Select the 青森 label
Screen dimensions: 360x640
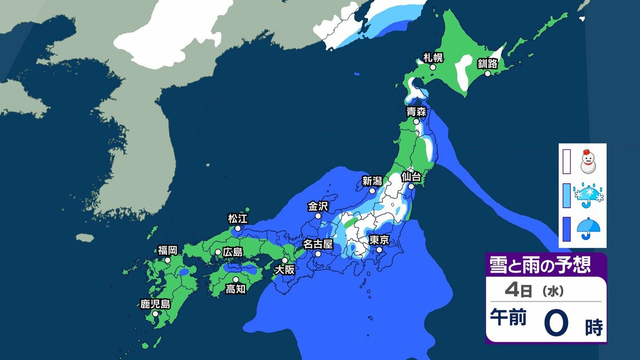click(417, 112)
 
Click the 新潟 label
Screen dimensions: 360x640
click(372, 181)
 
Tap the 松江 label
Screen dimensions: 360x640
click(238, 219)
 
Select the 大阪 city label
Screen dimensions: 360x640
click(284, 270)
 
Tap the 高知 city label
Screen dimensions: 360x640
click(235, 289)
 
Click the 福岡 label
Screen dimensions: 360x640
click(167, 250)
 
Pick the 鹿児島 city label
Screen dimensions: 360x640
click(155, 305)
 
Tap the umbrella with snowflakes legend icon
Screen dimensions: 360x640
click(588, 196)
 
